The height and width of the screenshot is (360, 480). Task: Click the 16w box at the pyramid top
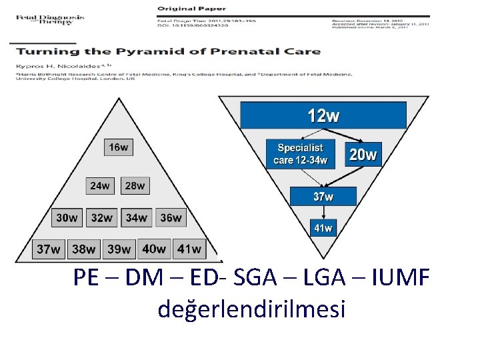[119, 147]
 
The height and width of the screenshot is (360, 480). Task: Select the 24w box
[100, 185]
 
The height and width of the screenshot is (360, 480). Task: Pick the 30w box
[67, 217]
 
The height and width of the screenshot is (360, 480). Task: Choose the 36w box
[171, 217]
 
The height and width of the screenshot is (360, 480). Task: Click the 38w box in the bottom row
[83, 249]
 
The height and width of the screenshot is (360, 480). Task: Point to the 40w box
[154, 249]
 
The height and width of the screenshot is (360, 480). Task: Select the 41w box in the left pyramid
[188, 249]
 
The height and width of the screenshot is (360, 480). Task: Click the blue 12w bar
[323, 116]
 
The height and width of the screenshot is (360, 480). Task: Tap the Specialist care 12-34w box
[301, 154]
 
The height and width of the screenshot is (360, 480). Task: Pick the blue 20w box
[363, 156]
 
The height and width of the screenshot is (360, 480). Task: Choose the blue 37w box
[323, 196]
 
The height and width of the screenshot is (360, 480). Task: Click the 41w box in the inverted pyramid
[323, 228]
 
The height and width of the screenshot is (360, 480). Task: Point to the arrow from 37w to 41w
[323, 212]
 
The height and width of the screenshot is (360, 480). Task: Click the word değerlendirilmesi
[251, 308]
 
